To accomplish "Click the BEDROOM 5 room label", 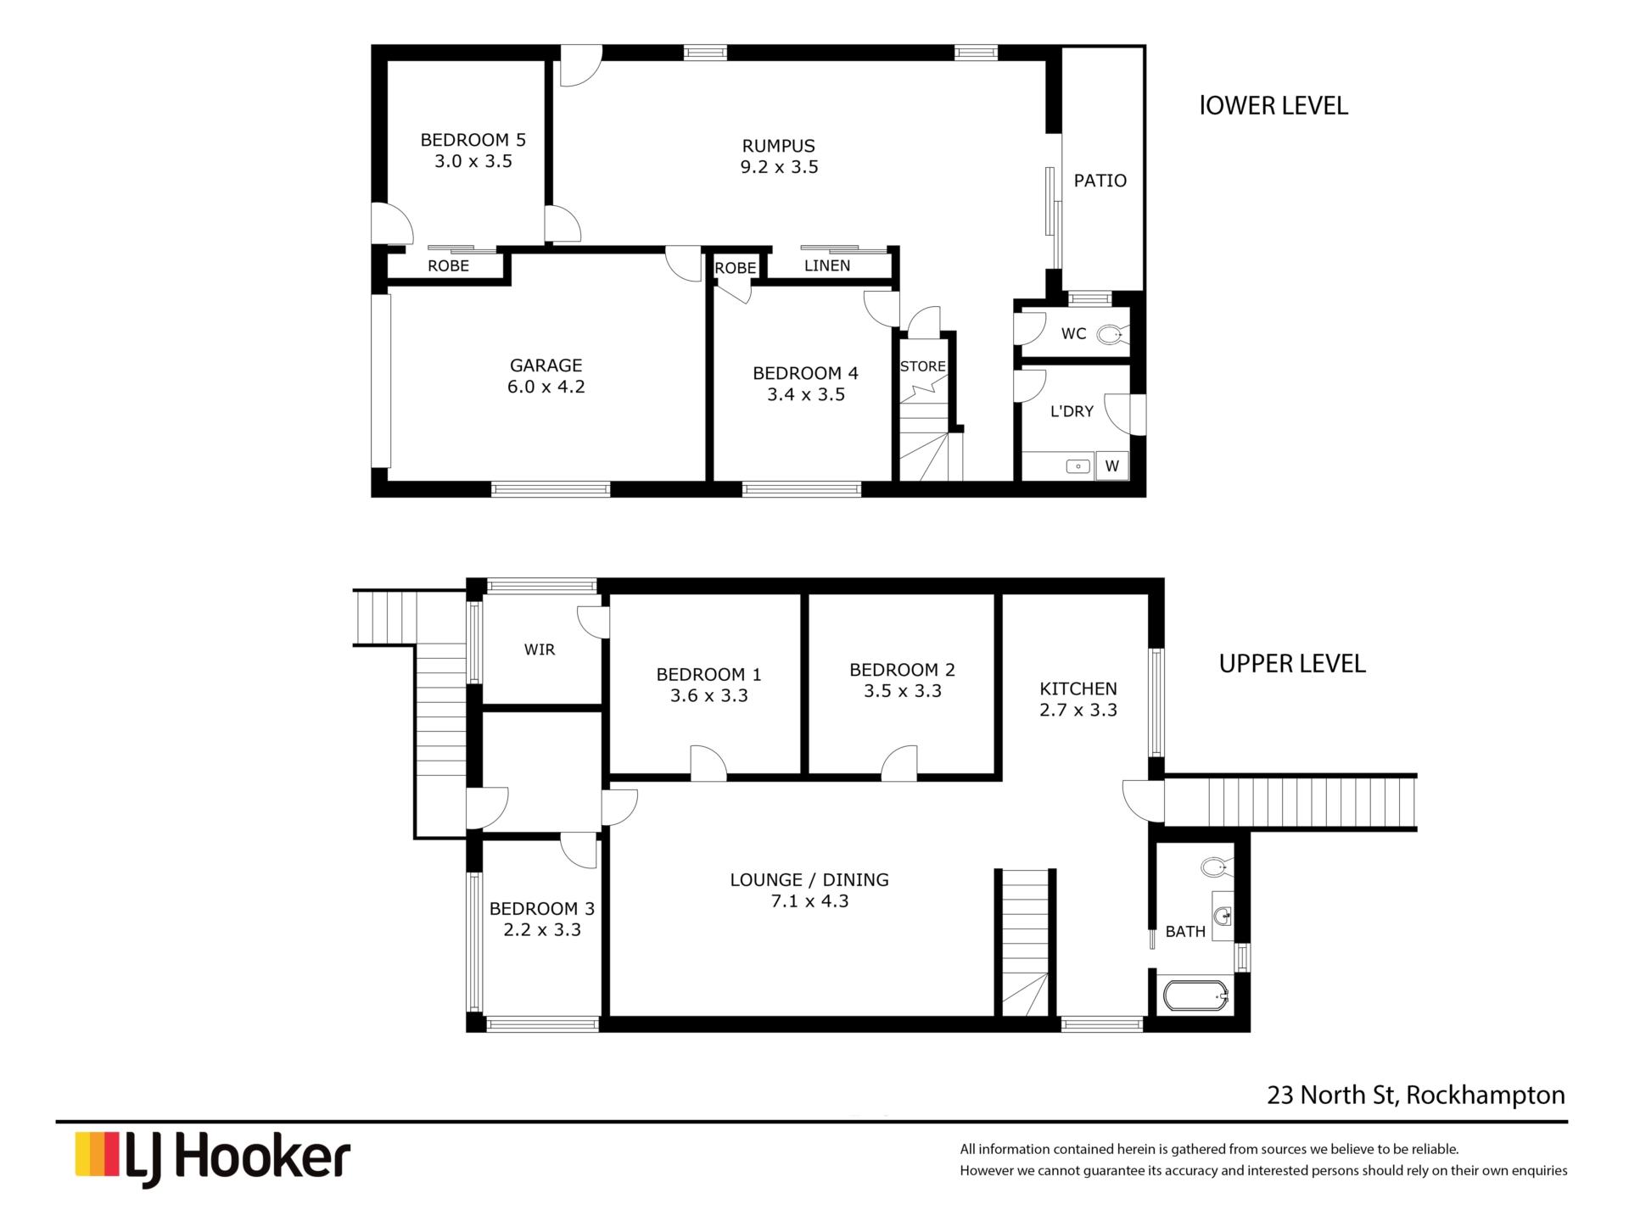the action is [x=473, y=140].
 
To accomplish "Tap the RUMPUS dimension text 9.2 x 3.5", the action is [x=779, y=167].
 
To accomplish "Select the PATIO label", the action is [x=1100, y=181].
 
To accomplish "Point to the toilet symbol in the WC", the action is [x=1112, y=335].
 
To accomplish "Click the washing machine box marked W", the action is [x=1112, y=466].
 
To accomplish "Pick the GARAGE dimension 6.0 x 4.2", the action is [x=546, y=387].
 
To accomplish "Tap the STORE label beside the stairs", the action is [x=923, y=366].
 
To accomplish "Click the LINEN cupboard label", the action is [x=827, y=265].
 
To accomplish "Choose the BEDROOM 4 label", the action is [x=806, y=373].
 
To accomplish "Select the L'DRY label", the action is [x=1072, y=411].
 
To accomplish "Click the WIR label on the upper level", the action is [x=540, y=650].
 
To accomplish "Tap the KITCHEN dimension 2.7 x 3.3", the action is [x=1078, y=711].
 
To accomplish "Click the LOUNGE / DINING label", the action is [x=809, y=880].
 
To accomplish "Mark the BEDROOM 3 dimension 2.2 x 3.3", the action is [x=542, y=930].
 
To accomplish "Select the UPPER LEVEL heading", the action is [x=1292, y=664].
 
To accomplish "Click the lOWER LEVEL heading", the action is [x=1274, y=106].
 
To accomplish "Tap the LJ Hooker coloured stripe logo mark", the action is [x=97, y=1154].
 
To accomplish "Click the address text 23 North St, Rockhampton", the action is [x=1416, y=1096].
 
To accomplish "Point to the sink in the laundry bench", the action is [x=1078, y=466].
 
